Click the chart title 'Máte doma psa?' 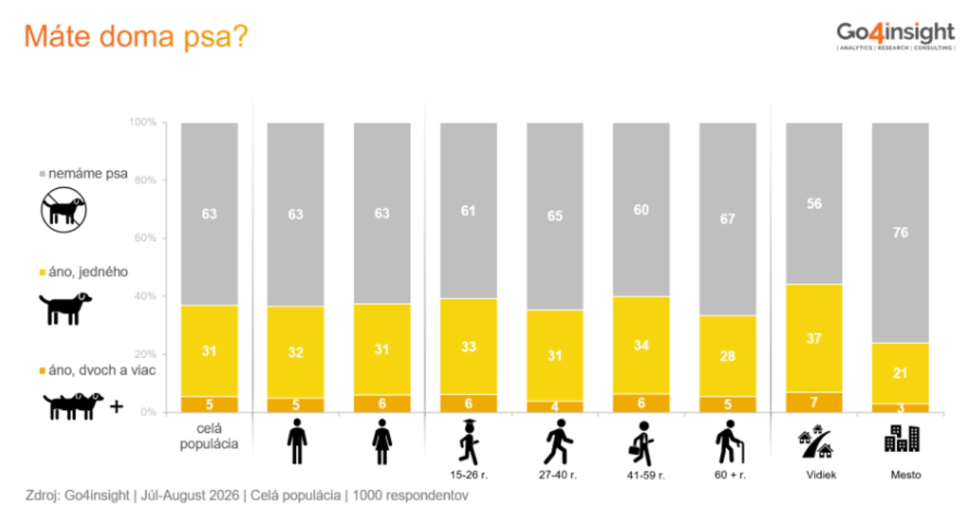(136, 36)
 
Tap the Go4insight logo (896, 36)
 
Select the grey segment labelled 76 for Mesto (900, 233)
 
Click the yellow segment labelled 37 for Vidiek (814, 339)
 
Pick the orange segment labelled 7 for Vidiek (814, 402)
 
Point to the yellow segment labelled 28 (728, 356)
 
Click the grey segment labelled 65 (555, 217)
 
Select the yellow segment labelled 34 (641, 345)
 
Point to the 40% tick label (145, 296)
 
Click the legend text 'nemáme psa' (88, 173)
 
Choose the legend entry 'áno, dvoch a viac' (97, 371)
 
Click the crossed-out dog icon (64, 210)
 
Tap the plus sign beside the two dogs (116, 406)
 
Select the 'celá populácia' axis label (209, 436)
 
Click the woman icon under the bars (382, 441)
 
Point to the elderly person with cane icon (729, 441)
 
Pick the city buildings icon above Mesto (902, 438)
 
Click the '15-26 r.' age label (469, 475)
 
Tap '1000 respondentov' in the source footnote (411, 496)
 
